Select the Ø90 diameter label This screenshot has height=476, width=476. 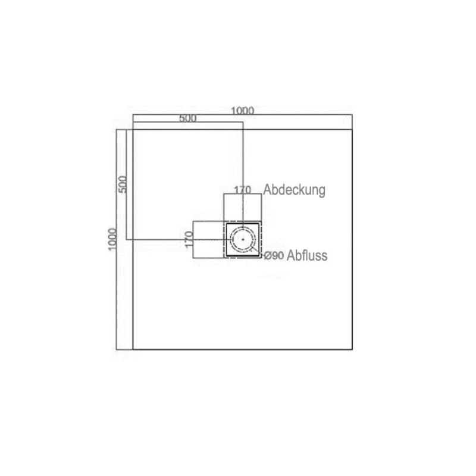[x=273, y=255]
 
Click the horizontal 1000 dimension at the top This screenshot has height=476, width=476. [x=243, y=110]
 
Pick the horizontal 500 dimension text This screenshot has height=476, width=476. [x=187, y=118]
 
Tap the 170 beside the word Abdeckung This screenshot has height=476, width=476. [x=242, y=190]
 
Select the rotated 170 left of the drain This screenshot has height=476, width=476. [x=187, y=240]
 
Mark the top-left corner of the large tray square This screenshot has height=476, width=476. [x=133, y=129]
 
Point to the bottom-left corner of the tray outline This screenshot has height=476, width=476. [x=133, y=349]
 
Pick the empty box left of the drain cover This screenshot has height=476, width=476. [x=208, y=239]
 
